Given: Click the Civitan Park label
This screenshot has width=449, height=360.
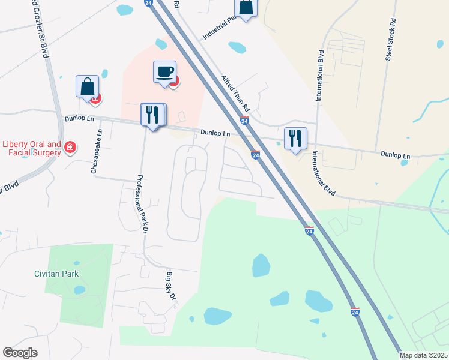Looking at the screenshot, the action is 56,274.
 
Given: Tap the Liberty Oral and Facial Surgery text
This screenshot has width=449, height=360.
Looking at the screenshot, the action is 32,148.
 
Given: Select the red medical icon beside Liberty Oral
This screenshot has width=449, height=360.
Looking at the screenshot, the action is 70,147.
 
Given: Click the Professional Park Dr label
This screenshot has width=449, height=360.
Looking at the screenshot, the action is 142,204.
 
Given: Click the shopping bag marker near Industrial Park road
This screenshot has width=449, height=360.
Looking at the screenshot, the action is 246,8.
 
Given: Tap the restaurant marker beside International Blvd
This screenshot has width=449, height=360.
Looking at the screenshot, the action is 295,139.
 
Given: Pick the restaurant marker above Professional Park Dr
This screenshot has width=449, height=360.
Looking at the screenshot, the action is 152,115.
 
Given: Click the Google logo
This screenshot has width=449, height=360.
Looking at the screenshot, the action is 20,353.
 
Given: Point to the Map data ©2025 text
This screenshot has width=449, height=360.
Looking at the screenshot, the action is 424,355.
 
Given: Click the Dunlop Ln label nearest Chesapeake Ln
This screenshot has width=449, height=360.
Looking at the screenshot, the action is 82,119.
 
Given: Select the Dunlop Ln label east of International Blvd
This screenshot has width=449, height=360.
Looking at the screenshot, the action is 396,155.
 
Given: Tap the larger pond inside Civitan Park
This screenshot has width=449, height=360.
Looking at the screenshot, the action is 79,290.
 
